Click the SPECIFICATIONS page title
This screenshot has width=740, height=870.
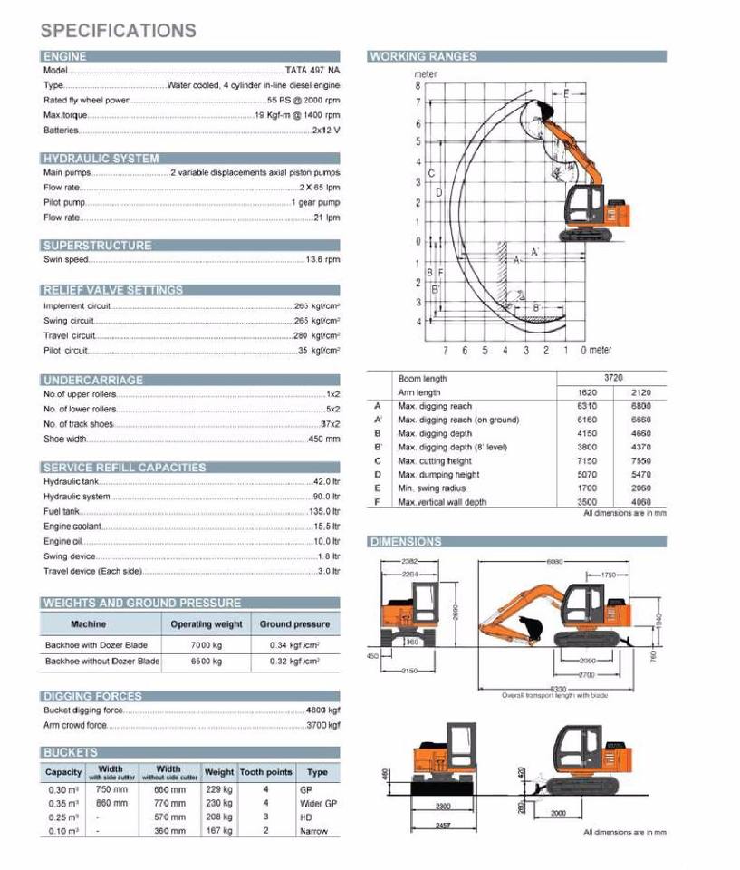coord(118,30)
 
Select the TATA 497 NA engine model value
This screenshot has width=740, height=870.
coord(312,71)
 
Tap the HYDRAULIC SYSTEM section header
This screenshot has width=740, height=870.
coord(101,159)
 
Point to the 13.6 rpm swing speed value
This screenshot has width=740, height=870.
coord(322,260)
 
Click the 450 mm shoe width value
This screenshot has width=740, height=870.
coord(323,440)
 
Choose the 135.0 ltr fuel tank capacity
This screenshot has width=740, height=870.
coord(323,512)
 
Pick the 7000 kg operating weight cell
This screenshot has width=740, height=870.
coord(206,644)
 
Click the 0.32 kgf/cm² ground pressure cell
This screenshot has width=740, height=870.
coord(294,662)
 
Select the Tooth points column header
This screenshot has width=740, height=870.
coord(265,773)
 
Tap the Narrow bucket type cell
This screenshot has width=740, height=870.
coord(314,831)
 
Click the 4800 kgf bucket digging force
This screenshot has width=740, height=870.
coord(322,710)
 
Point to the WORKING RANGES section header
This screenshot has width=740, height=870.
coord(423,56)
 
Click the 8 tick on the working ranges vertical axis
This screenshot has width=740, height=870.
coord(418,85)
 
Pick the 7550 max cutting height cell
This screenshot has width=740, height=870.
coord(640,461)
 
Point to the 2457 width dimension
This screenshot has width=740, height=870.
coord(443,826)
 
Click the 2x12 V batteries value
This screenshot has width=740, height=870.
coord(326,130)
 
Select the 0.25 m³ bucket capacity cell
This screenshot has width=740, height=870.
coord(63,817)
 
